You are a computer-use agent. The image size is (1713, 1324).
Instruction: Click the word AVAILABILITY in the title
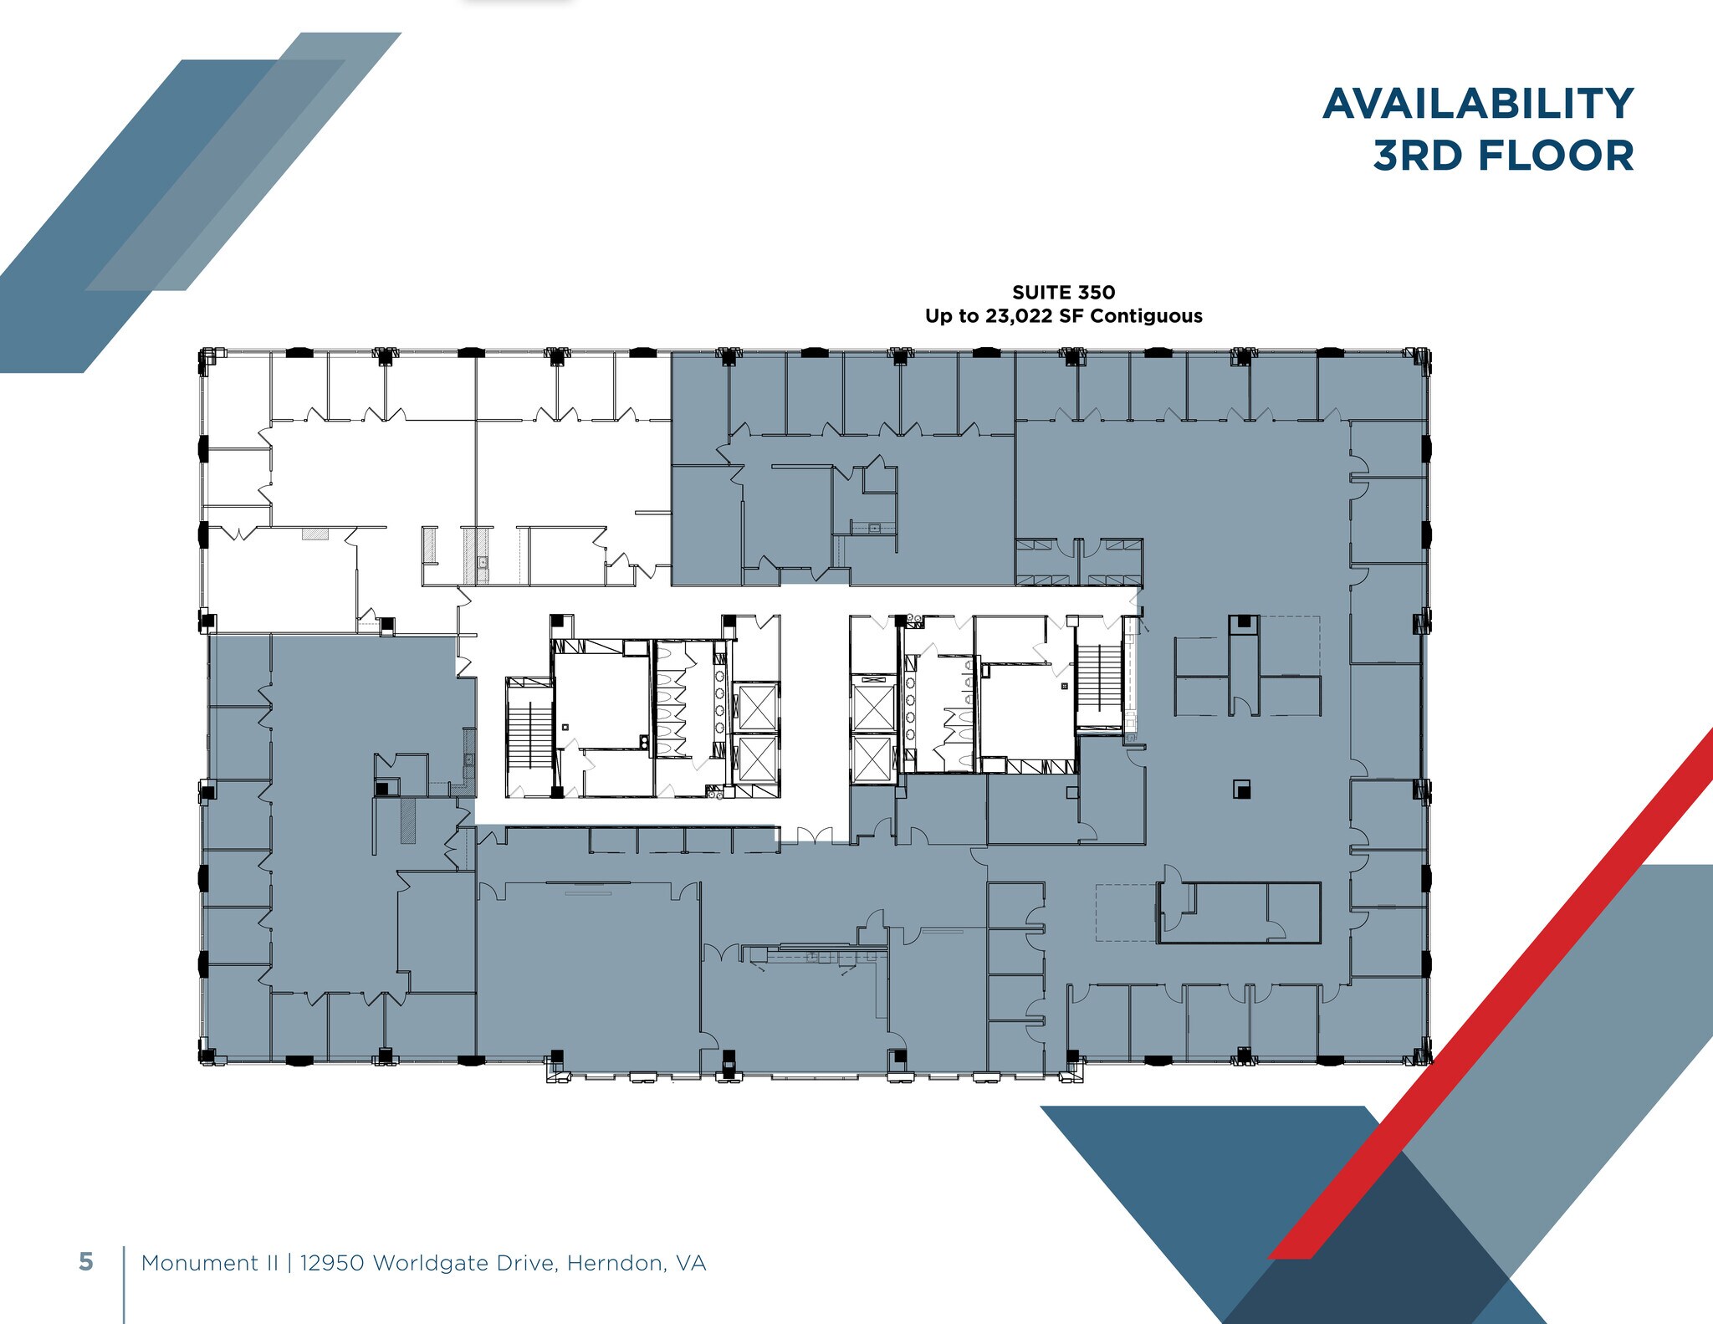tap(1477, 104)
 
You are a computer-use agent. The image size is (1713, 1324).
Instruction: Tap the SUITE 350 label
tap(1063, 292)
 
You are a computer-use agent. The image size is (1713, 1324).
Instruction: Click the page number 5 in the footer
tap(85, 1262)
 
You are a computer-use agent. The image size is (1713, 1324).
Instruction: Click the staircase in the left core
tap(528, 733)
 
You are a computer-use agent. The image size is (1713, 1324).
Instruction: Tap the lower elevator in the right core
tap(872, 757)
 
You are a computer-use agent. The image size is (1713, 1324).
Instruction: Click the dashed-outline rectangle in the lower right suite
tap(1126, 912)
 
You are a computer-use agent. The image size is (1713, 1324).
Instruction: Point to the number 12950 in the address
tap(332, 1263)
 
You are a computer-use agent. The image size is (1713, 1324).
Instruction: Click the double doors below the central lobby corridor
tap(814, 836)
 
